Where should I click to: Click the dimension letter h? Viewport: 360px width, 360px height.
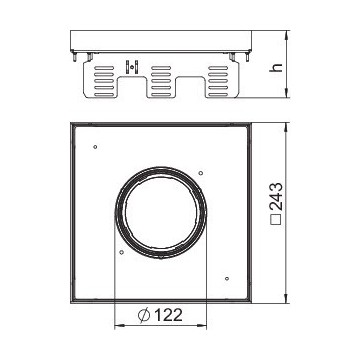coord(276,68)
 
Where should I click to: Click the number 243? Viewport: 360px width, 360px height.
coord(276,197)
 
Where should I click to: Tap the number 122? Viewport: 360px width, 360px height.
coord(168,315)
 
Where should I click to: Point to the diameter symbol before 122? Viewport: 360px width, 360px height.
coord(144,315)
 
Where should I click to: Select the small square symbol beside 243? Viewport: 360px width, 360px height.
coord(277,219)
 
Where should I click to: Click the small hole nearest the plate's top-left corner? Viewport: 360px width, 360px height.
coord(95,147)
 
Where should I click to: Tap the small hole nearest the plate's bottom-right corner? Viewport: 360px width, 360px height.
coord(227,278)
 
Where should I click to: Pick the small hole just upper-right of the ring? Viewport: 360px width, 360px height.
coord(201,173)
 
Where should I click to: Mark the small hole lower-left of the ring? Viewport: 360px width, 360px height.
coord(121,252)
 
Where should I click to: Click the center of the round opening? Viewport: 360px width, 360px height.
coord(161,213)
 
